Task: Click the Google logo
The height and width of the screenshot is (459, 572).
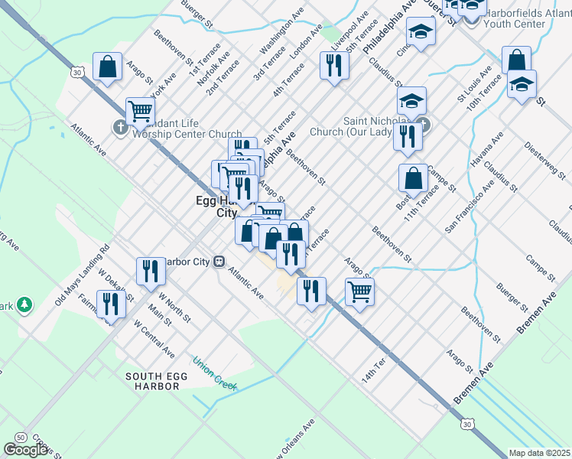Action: coord(25,450)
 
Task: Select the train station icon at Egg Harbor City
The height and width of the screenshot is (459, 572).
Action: coord(219,261)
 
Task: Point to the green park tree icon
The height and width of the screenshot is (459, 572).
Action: coord(25,305)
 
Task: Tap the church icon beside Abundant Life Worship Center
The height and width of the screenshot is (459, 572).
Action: coord(120,128)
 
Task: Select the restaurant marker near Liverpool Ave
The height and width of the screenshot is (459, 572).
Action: coord(333,65)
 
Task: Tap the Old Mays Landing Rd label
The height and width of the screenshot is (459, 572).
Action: coord(83,275)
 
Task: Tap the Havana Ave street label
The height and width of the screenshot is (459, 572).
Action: coord(487,151)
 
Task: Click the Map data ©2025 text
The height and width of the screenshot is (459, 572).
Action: coord(540,453)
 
